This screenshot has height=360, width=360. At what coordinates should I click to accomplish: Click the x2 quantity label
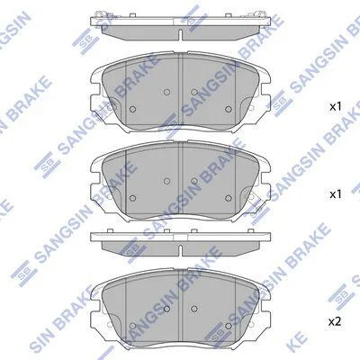point(336,322)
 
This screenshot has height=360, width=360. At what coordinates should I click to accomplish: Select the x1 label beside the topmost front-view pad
point(336,107)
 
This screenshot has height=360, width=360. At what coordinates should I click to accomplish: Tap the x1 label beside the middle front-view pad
point(336,194)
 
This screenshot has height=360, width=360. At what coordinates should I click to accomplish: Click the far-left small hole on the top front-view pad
point(132,109)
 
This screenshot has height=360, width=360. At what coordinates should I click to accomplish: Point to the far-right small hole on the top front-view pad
point(229,109)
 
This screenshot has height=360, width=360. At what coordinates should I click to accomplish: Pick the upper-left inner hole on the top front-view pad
point(167,92)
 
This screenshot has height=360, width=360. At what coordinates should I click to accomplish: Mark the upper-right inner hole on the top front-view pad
point(194,92)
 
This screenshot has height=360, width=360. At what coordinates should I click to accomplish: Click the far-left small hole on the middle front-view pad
point(132,198)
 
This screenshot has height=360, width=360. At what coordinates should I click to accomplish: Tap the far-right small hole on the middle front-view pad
point(229,198)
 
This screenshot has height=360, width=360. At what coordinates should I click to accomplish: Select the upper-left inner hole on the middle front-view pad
point(167,181)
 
